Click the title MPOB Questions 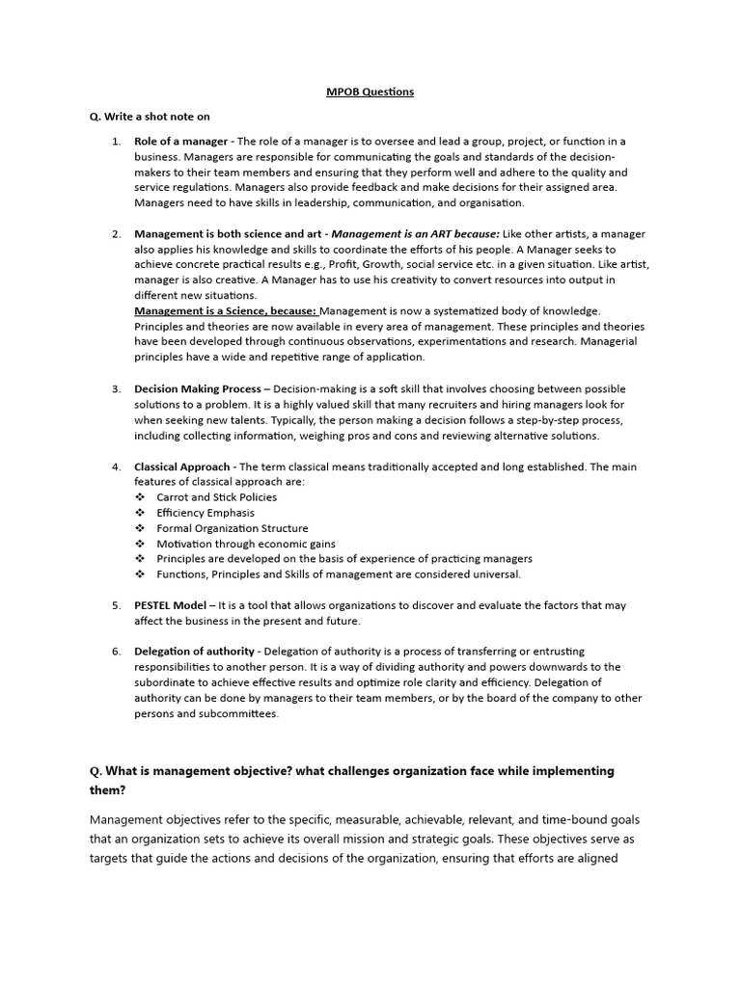(x=370, y=92)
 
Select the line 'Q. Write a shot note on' (x=150, y=117)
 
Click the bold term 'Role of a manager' (x=181, y=142)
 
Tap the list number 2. (x=116, y=234)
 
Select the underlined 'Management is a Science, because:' (x=226, y=310)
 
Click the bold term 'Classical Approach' (x=183, y=467)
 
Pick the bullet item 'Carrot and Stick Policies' (x=216, y=497)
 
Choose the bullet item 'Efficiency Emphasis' (x=206, y=513)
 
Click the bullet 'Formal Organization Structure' (x=233, y=528)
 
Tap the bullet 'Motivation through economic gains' (x=246, y=544)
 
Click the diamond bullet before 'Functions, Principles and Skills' (x=140, y=574)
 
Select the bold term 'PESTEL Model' (x=170, y=605)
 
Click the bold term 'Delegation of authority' (x=194, y=652)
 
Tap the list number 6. (x=116, y=652)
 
